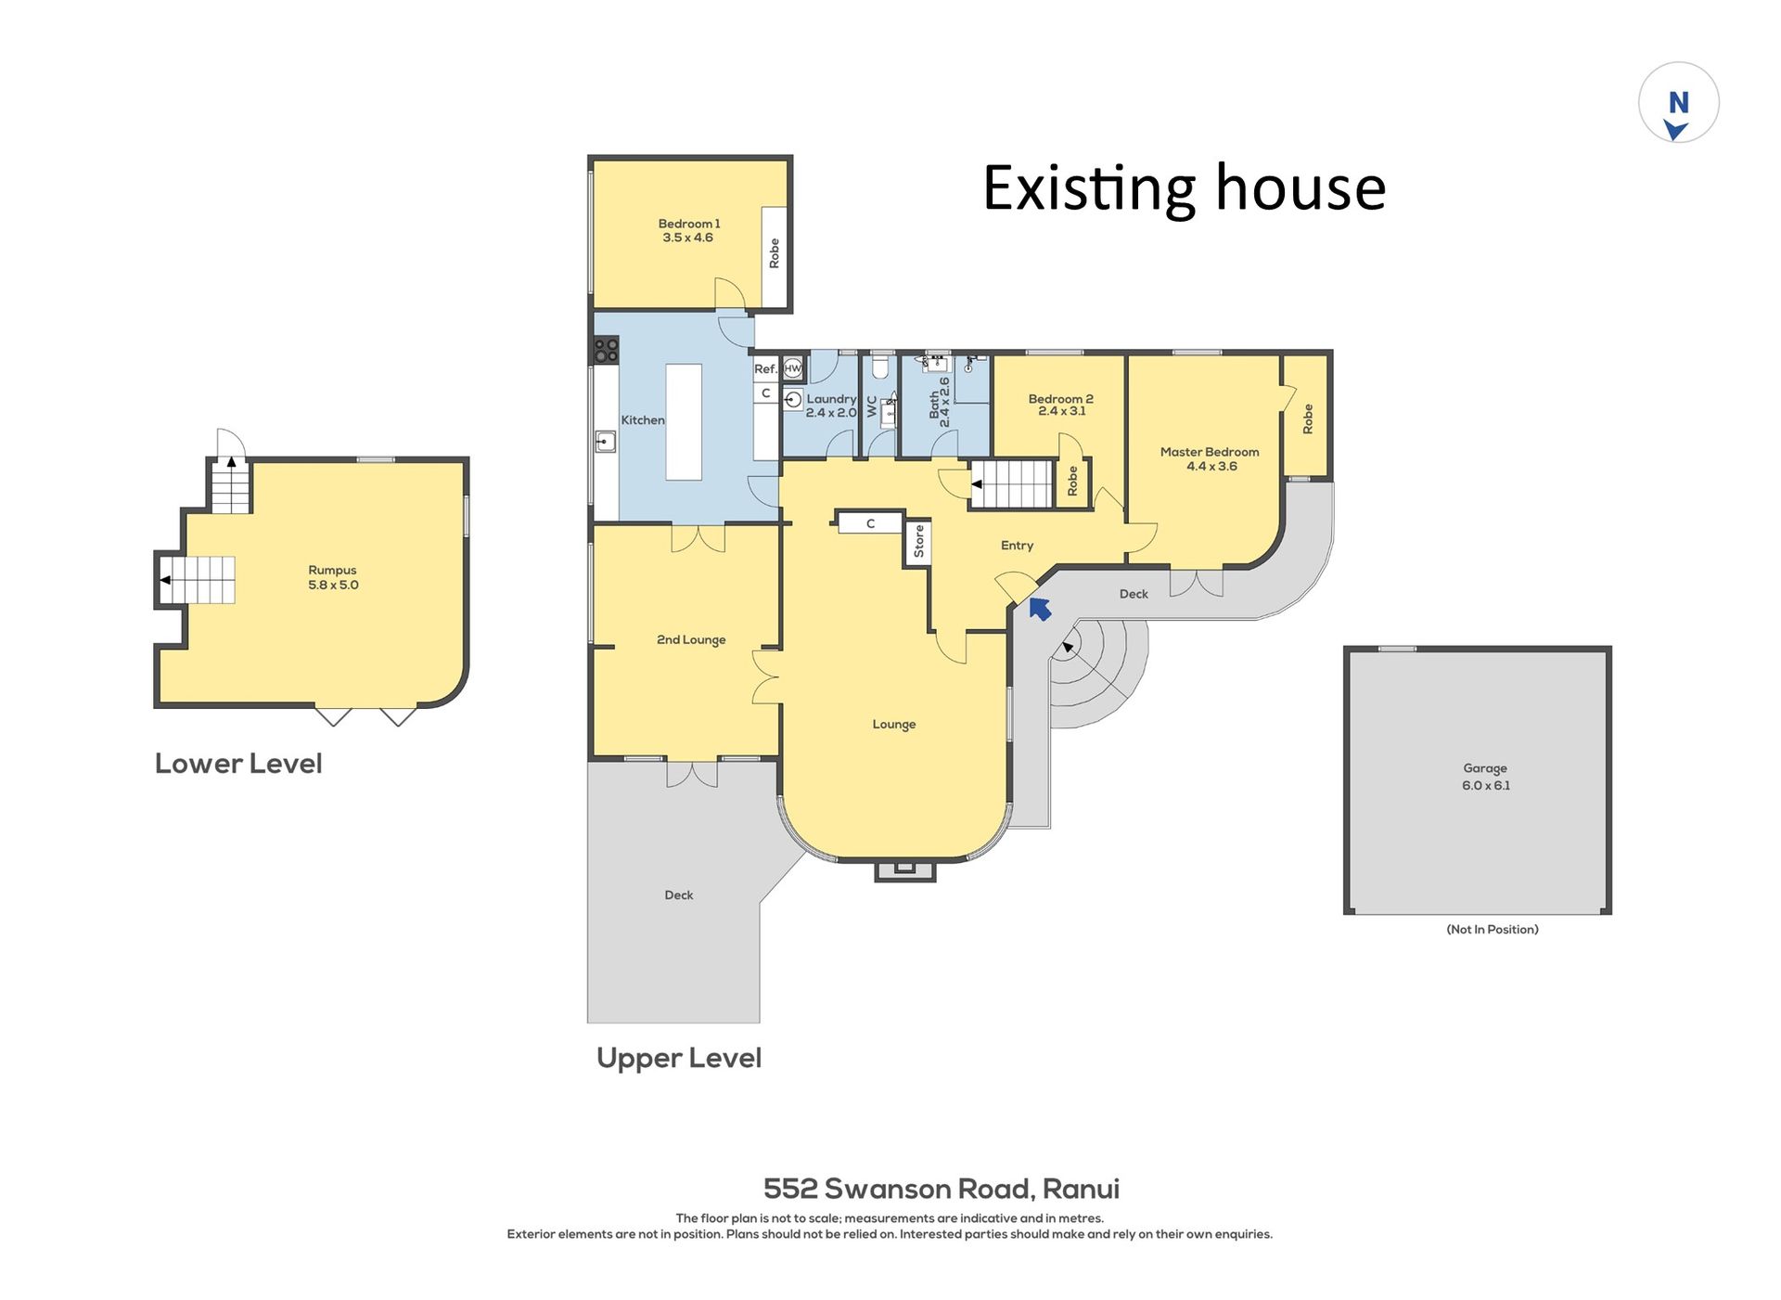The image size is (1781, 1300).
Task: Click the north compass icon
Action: click(1678, 103)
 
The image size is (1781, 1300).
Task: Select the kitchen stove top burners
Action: click(606, 350)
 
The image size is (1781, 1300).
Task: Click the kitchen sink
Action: click(605, 442)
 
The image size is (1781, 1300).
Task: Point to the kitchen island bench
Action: click(684, 422)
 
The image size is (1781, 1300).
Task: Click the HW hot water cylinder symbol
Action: click(793, 368)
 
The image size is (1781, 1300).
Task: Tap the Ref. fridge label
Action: click(765, 368)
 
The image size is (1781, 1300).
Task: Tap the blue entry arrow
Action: click(1040, 609)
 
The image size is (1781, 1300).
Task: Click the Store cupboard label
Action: click(919, 541)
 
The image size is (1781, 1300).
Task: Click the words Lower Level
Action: click(238, 764)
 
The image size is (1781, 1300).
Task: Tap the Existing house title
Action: click(1185, 188)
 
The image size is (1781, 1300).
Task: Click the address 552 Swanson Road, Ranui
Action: click(942, 1189)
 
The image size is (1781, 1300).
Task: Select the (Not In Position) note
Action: click(1493, 929)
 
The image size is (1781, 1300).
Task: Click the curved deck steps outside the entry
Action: click(1099, 674)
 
